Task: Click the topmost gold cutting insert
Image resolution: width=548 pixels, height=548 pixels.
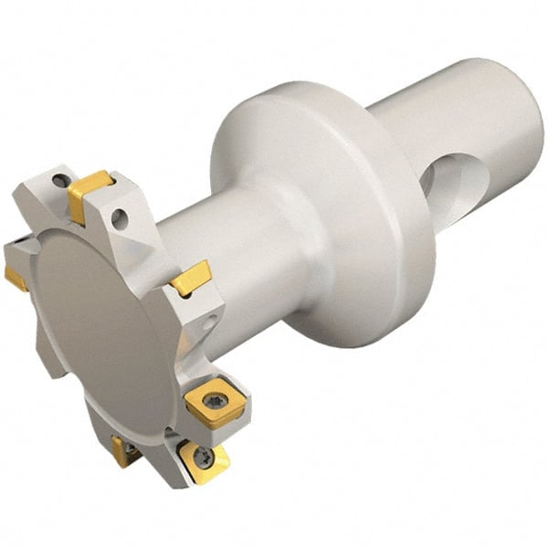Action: (90, 191)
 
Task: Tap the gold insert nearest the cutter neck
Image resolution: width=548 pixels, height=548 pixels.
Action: (192, 277)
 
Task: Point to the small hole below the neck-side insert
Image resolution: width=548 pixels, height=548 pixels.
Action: (212, 321)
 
